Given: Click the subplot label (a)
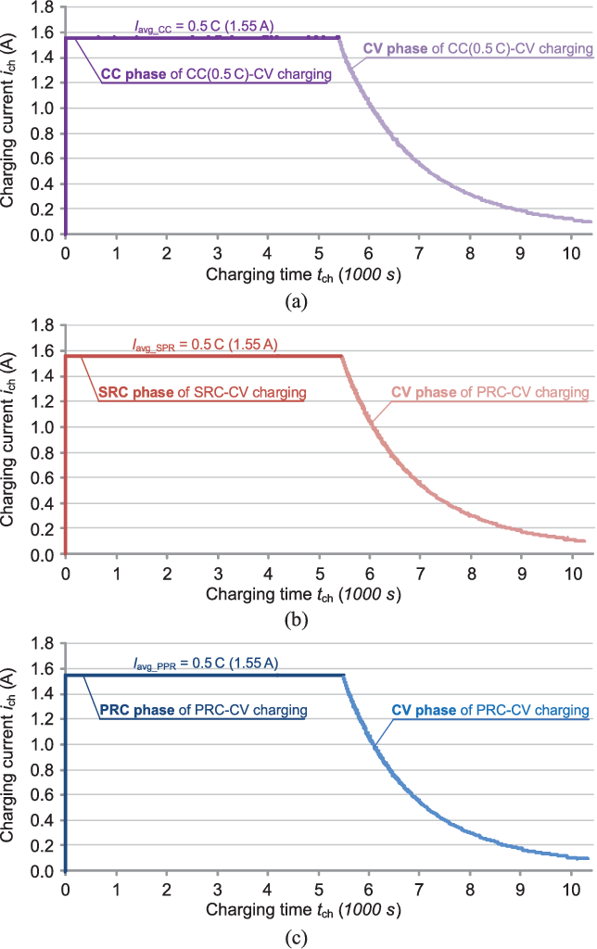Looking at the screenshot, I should (x=297, y=299).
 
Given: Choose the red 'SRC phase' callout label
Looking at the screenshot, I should (x=201, y=394).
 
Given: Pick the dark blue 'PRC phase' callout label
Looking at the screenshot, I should (x=202, y=712).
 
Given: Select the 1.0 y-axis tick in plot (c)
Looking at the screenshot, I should (x=42, y=744).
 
